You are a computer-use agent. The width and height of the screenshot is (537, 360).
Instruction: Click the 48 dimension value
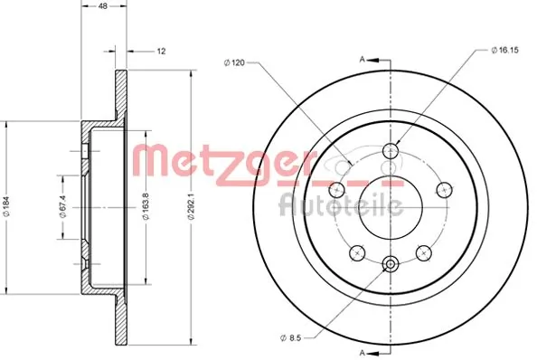(x=103, y=6)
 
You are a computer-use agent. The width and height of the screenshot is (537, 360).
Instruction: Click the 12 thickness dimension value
(x=161, y=52)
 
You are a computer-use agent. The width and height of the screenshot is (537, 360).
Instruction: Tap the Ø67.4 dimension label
(x=62, y=206)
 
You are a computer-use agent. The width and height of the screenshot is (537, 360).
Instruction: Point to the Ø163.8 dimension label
(x=146, y=206)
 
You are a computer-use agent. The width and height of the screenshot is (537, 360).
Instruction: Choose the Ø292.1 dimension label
(x=191, y=206)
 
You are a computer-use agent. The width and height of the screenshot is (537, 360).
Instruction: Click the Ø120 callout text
(x=234, y=62)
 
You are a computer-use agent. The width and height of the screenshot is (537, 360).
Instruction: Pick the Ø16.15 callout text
(x=504, y=50)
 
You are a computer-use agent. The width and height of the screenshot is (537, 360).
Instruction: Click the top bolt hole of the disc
(x=391, y=150)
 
